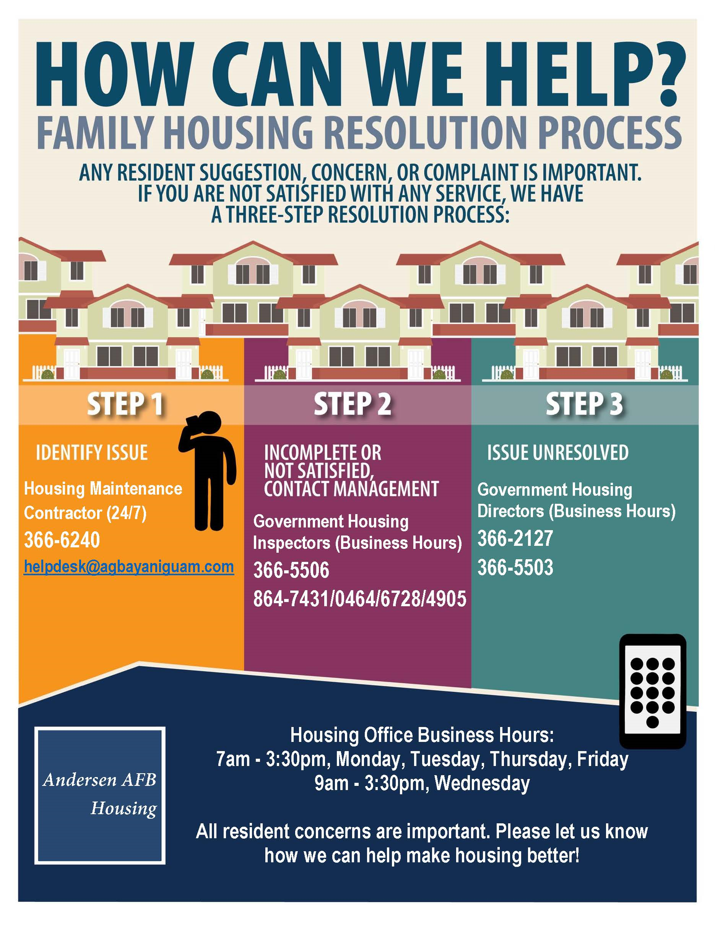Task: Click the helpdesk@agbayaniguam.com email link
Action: pyautogui.click(x=129, y=567)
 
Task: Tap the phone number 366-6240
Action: pyautogui.click(x=62, y=540)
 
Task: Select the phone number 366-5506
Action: pyautogui.click(x=291, y=570)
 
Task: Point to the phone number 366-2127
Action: pyautogui.click(x=515, y=538)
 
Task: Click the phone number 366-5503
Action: pyautogui.click(x=515, y=567)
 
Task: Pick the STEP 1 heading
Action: pyautogui.click(x=125, y=404)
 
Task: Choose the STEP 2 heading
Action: pyautogui.click(x=353, y=404)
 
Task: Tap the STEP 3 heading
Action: pyautogui.click(x=584, y=404)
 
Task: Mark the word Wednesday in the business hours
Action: pyautogui.click(x=483, y=783)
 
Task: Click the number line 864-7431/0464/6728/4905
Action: pyautogui.click(x=360, y=599)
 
